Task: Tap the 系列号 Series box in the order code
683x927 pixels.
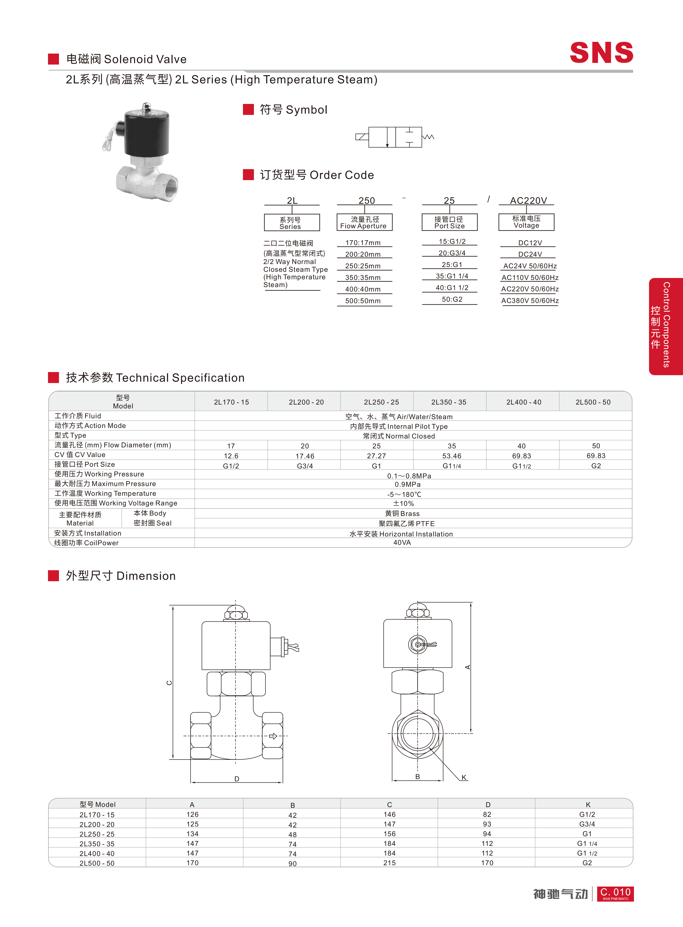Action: (x=292, y=222)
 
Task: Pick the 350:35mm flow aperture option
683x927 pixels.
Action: (x=363, y=277)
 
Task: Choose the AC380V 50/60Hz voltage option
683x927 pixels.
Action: (x=530, y=301)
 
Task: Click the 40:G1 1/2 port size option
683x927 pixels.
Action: (x=452, y=288)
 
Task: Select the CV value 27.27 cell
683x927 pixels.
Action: (x=376, y=456)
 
